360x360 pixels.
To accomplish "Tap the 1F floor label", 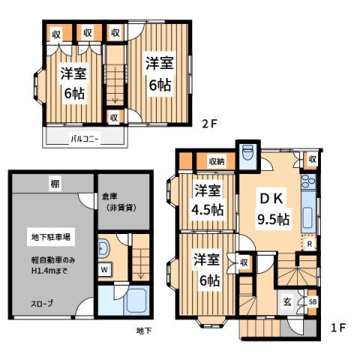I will tap(339, 327).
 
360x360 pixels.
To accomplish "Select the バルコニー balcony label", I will tap(85, 139).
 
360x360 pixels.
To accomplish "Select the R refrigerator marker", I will tap(308, 243).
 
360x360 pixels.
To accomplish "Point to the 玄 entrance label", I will tap(288, 302).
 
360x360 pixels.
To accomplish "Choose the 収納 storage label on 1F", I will tap(217, 160).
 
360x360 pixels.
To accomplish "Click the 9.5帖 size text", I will tap(273, 220).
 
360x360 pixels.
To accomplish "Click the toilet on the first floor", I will tap(248, 154).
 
